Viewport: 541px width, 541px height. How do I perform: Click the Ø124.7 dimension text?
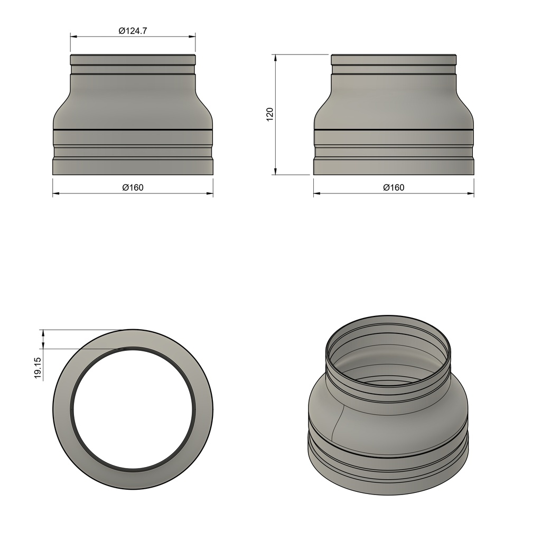[133, 31]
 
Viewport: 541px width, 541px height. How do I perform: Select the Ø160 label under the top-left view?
[133, 188]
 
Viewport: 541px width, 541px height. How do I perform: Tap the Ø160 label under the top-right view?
[394, 188]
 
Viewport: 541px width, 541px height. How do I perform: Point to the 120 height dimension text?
[269, 115]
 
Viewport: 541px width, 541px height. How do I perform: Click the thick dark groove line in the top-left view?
[133, 129]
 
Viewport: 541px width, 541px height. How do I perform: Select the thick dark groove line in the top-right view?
[394, 129]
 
